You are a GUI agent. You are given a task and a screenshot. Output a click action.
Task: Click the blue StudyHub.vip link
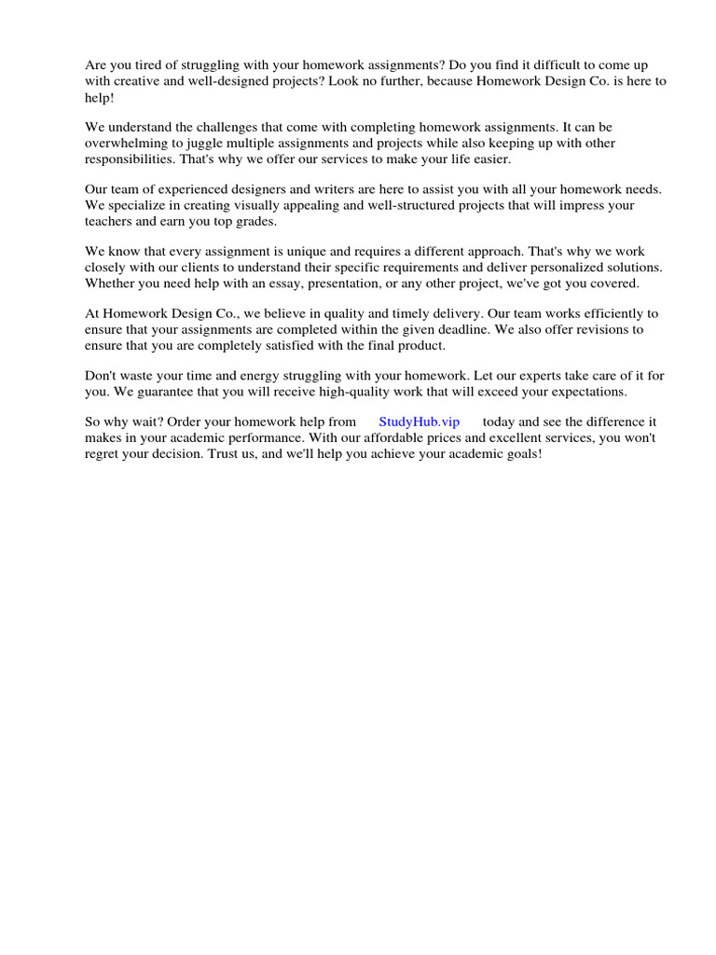tap(419, 422)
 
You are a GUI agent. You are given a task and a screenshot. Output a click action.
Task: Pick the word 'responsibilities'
tap(130, 159)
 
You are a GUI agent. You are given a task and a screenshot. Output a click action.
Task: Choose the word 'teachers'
tap(110, 220)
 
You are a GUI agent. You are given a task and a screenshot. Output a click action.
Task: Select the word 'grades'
tap(258, 220)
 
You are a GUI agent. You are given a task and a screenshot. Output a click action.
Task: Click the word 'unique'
tap(330, 251)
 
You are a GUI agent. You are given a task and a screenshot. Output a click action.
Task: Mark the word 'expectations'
tap(591, 391)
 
